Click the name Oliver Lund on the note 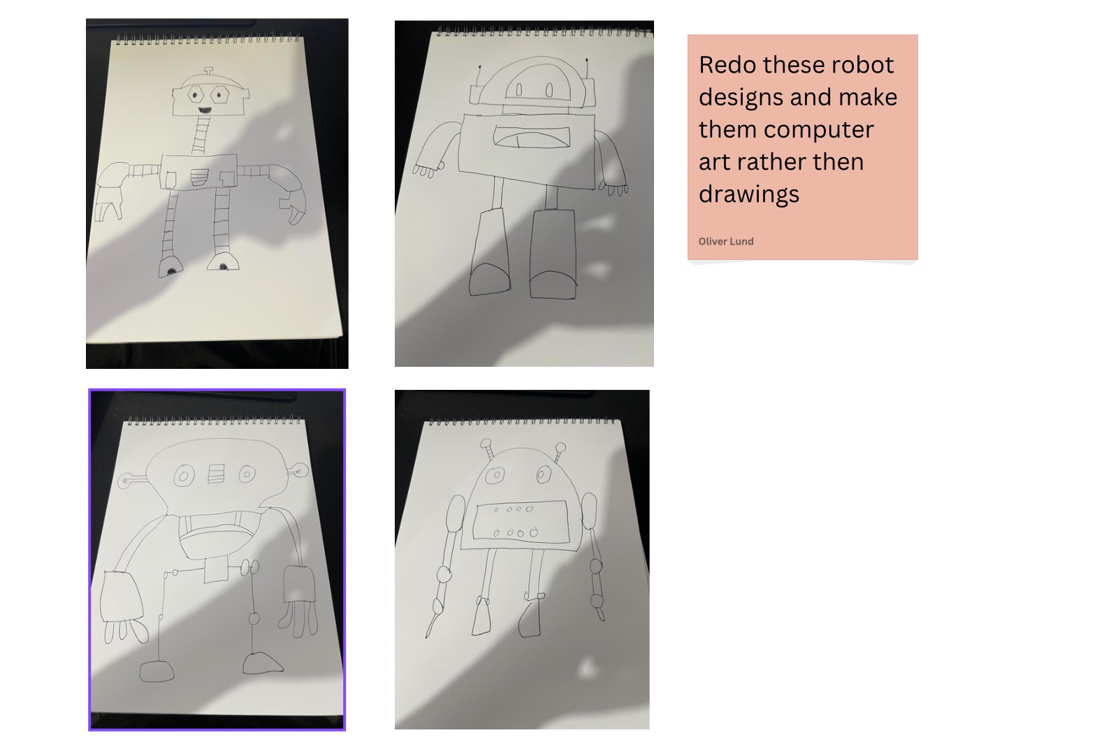point(725,242)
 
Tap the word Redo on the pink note point(727,65)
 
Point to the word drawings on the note point(748,194)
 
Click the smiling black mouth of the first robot point(205,110)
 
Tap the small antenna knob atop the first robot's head point(208,71)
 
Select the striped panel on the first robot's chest point(199,177)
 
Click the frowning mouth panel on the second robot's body point(531,136)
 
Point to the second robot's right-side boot point(553,254)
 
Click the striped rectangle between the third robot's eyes point(216,474)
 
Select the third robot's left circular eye point(184,476)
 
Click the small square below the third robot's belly point(216,571)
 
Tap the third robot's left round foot point(157,671)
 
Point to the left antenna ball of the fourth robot point(486,444)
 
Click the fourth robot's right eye point(544,474)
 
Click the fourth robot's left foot point(482,616)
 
